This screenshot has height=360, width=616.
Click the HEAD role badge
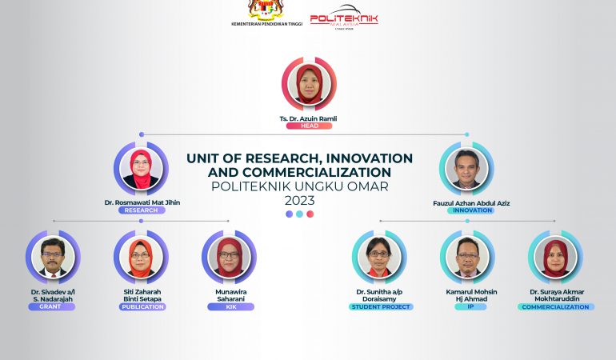pos(309,126)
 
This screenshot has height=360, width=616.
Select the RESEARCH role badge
pos(142,210)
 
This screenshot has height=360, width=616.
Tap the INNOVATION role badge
pos(470,210)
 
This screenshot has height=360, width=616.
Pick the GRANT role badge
pos(51,306)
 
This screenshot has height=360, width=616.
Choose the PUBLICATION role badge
pos(142,306)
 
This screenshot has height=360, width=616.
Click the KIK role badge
pos(231,306)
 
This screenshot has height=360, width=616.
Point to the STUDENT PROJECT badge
pos(381,306)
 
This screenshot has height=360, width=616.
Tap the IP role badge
pos(470,306)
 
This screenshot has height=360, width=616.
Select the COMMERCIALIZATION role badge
pos(555,306)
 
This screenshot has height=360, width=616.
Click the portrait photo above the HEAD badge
pos(309,84)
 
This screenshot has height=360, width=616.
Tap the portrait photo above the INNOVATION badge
pos(466,168)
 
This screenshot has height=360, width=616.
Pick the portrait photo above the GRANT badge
pos(53,257)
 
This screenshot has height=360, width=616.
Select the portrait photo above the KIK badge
pos(229,257)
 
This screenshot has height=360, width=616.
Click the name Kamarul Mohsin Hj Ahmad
pos(471,295)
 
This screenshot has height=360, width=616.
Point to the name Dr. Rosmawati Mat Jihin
pos(142,202)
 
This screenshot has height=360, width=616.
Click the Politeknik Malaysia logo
pos(344,17)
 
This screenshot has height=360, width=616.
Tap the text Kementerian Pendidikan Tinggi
pos(266,24)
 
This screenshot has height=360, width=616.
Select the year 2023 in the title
pos(300,201)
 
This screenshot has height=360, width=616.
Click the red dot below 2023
pos(310,214)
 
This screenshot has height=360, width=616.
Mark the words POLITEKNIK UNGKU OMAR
pos(300,186)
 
